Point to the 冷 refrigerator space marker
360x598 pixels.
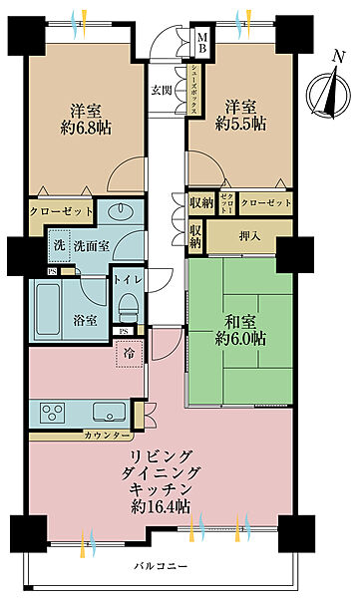[129, 352]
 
